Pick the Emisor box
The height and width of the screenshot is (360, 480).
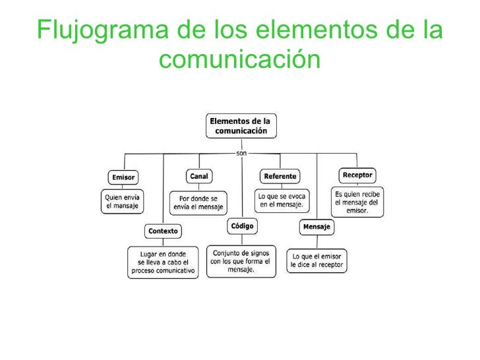pyautogui.click(x=123, y=177)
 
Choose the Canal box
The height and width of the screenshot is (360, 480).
pyautogui.click(x=198, y=176)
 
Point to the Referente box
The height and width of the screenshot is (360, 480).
pyautogui.click(x=280, y=176)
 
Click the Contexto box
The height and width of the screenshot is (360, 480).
pyautogui.click(x=163, y=231)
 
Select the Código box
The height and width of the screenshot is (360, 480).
pyautogui.click(x=242, y=225)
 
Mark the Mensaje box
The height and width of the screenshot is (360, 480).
pyautogui.click(x=317, y=227)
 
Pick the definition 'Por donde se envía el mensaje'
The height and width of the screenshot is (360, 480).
pyautogui.click(x=198, y=202)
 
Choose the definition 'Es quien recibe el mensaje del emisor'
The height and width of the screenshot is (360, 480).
pyautogui.click(x=358, y=201)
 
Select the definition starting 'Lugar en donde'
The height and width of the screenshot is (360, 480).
pyautogui.click(x=162, y=262)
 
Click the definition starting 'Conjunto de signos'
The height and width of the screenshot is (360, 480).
pyautogui.click(x=241, y=260)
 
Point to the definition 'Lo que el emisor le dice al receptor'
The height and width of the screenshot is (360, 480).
pyautogui.click(x=317, y=261)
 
